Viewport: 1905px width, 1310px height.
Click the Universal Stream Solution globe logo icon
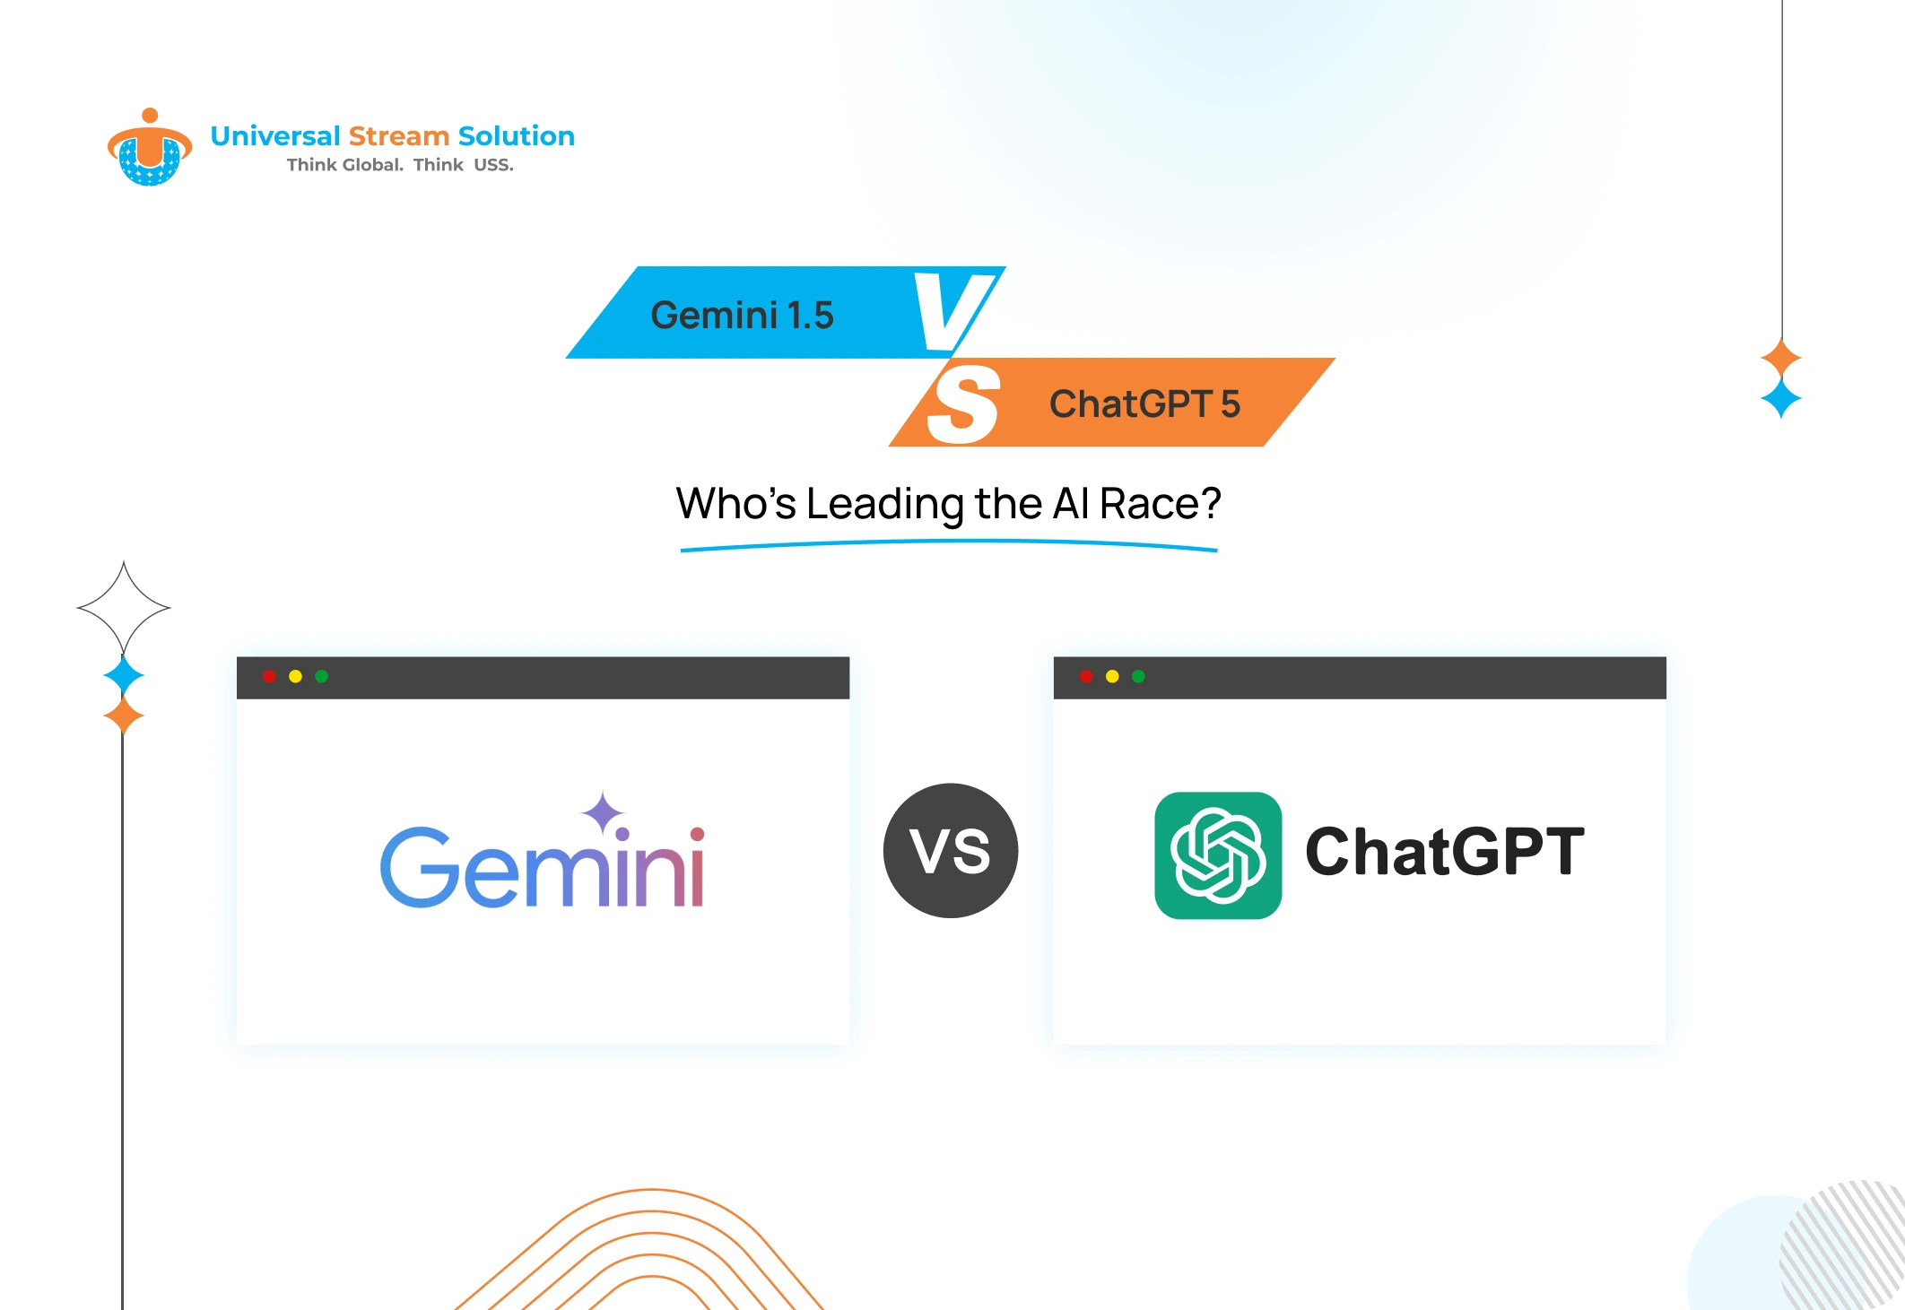pyautogui.click(x=149, y=150)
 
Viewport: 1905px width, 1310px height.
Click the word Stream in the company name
pyautogui.click(x=398, y=136)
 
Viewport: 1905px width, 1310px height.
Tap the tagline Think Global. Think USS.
pyautogui.click(x=400, y=165)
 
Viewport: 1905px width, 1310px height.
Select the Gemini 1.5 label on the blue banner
pyautogui.click(x=742, y=316)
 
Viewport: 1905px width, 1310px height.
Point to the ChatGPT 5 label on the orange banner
pyautogui.click(x=1144, y=404)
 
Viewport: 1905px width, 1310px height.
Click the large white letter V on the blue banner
pyautogui.click(x=952, y=311)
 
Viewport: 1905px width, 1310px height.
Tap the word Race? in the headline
pyautogui.click(x=1160, y=504)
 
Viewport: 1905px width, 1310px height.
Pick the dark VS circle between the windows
pyautogui.click(x=951, y=850)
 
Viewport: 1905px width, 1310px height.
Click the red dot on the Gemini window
pyautogui.click(x=269, y=676)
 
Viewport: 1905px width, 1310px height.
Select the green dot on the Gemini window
pyautogui.click(x=322, y=676)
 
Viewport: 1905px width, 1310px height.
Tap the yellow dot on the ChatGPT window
pyautogui.click(x=1112, y=676)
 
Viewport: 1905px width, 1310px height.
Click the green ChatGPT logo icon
pyautogui.click(x=1218, y=855)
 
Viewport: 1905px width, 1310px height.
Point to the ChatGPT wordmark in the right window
pyautogui.click(x=1444, y=852)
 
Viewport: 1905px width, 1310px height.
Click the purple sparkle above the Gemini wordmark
pyautogui.click(x=603, y=812)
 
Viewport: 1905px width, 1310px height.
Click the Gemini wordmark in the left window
pyautogui.click(x=543, y=868)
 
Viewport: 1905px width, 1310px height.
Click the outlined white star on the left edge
pyautogui.click(x=124, y=608)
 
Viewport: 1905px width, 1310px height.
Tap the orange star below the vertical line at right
pyautogui.click(x=1781, y=358)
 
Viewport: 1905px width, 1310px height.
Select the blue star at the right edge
pyautogui.click(x=1781, y=398)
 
